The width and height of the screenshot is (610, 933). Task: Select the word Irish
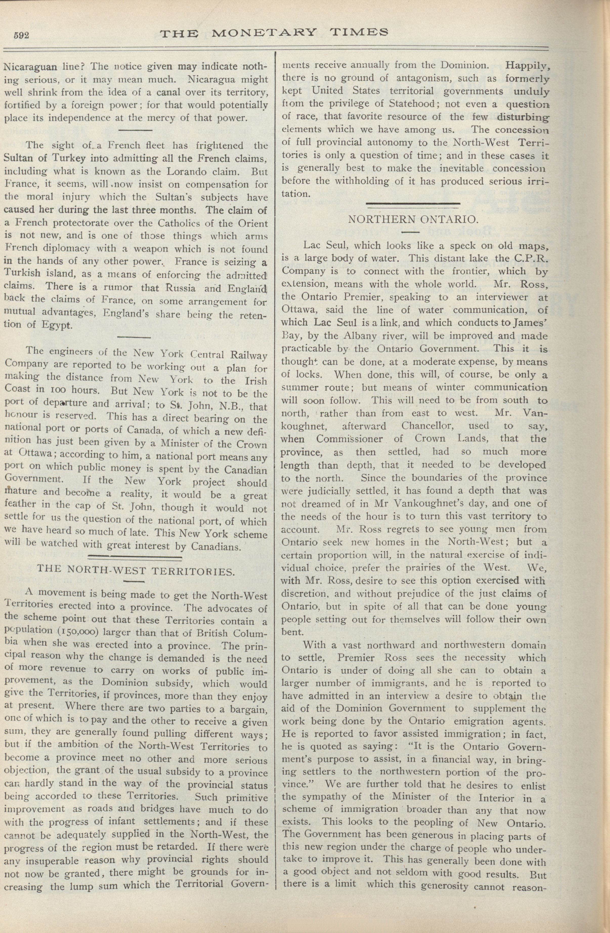coord(255,381)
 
